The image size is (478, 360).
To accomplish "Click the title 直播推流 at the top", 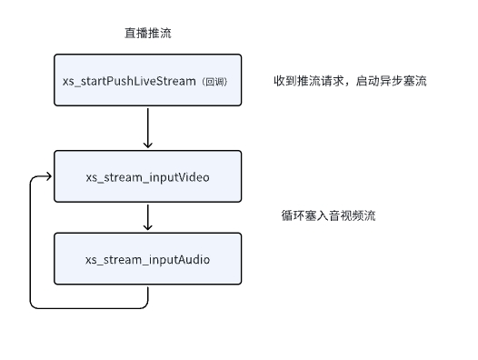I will [147, 33].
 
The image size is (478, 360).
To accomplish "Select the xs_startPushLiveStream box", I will [147, 81].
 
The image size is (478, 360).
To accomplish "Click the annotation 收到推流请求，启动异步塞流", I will [350, 81].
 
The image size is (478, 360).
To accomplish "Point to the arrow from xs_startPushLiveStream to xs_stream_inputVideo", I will [147, 125].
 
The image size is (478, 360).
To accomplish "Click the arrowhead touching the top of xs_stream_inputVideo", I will [147, 145].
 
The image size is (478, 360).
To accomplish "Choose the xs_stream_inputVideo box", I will [147, 175].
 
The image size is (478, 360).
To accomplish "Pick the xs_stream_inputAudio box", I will [147, 260].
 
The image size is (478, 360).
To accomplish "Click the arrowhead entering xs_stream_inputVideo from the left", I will [49, 176].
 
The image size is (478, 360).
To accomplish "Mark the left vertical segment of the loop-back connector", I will [31, 241].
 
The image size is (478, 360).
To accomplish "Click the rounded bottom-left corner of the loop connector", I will [34, 305].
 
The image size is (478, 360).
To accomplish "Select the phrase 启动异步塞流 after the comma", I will [394, 81].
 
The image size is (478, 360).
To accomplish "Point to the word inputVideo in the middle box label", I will [177, 175].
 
